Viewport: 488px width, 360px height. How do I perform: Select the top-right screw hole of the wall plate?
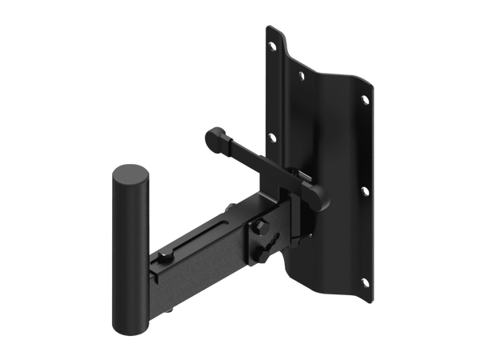coord(366,99)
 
